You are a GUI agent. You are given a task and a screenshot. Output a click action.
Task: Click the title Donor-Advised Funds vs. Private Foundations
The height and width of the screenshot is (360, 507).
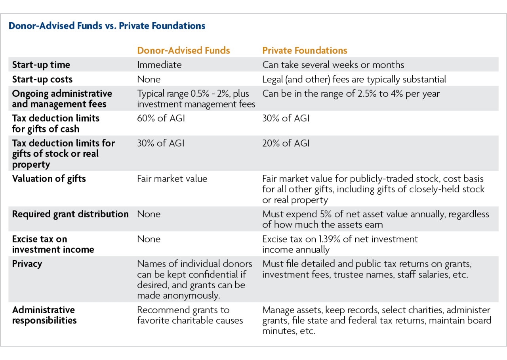click(x=107, y=26)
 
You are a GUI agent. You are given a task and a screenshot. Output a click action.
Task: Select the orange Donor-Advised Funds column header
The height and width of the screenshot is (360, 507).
click(x=183, y=50)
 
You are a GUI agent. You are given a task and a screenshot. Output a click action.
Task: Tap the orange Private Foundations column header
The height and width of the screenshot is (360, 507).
click(x=305, y=50)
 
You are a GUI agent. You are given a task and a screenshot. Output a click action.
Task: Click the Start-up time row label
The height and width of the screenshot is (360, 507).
click(x=41, y=65)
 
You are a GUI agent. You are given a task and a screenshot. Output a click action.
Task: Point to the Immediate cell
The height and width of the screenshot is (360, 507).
click(x=159, y=65)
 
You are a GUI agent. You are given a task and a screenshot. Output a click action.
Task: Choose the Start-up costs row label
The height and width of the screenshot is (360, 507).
click(x=42, y=79)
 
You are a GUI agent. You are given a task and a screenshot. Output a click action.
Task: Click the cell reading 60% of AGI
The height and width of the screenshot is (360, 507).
click(x=161, y=118)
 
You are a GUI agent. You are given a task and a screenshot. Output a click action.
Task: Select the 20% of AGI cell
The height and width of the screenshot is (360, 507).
click(x=286, y=143)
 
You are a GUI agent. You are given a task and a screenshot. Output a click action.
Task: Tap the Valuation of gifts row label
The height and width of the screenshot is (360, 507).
click(x=49, y=178)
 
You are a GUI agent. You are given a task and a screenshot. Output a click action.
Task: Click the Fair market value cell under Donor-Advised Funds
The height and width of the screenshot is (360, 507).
click(x=172, y=179)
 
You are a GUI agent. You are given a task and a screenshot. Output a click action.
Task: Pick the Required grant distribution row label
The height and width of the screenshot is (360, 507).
click(x=70, y=214)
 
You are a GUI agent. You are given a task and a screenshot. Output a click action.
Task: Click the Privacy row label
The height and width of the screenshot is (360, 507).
click(x=27, y=264)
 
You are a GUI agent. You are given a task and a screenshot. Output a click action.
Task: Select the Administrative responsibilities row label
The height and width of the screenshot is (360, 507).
click(x=44, y=315)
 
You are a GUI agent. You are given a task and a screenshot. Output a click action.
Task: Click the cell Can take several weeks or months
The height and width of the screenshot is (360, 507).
click(x=333, y=65)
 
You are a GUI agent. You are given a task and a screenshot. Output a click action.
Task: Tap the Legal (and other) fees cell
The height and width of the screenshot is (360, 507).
click(x=354, y=79)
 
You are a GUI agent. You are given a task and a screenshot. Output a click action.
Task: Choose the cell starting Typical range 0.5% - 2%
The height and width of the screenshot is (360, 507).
click(x=196, y=99)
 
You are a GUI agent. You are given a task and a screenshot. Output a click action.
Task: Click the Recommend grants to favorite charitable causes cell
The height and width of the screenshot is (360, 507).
click(x=190, y=315)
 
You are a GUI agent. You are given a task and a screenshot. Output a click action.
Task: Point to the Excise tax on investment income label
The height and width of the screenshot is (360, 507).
click(x=53, y=244)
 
